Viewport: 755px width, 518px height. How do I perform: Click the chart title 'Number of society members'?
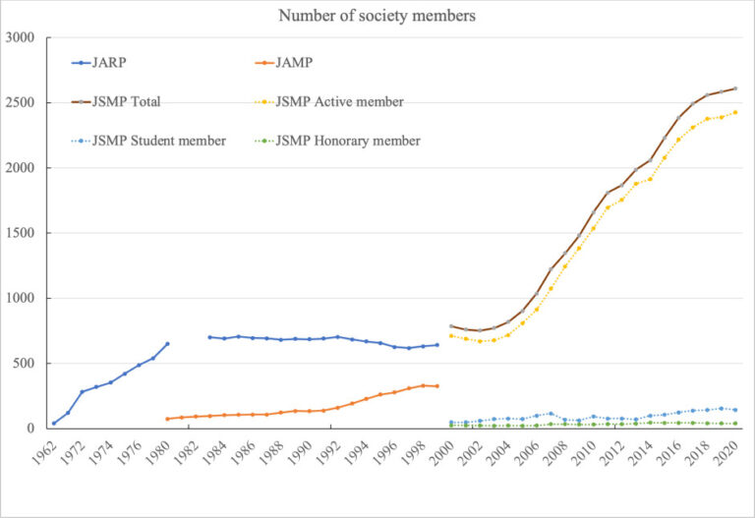[x=377, y=16]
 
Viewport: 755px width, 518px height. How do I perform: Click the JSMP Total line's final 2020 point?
[x=735, y=88]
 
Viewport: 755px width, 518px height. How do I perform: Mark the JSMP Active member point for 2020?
[x=735, y=112]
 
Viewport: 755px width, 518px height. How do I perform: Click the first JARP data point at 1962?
[x=54, y=424]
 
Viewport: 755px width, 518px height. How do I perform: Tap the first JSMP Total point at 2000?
[x=451, y=326]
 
